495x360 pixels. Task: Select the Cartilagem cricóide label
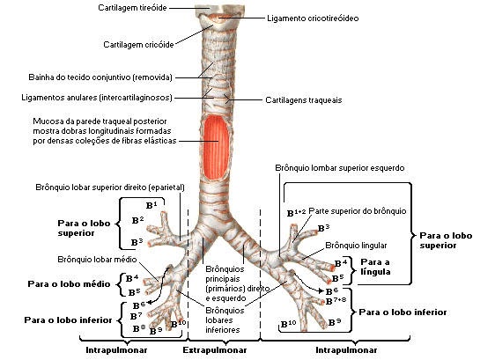point(139,42)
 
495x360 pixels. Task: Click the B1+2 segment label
point(296,212)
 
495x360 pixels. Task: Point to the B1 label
point(151,205)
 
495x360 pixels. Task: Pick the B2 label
point(137,219)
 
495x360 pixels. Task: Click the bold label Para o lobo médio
point(69,284)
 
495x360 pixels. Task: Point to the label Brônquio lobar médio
point(85,261)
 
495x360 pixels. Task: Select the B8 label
point(137,327)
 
